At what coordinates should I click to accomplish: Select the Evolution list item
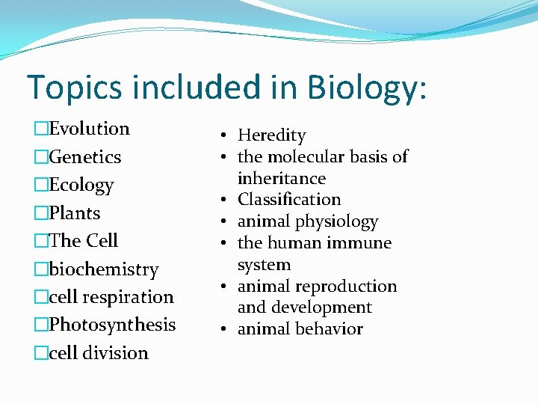(x=89, y=129)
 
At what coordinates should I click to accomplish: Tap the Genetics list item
(x=84, y=157)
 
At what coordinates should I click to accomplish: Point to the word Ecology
(x=81, y=185)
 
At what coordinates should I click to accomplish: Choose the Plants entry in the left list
(x=75, y=213)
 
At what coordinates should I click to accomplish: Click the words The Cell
(x=84, y=241)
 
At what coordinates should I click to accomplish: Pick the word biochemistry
(x=104, y=269)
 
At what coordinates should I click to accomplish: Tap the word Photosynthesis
(x=112, y=325)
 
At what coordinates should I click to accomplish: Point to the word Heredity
(x=272, y=135)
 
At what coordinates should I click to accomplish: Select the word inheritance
(x=282, y=179)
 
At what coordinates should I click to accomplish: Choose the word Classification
(x=289, y=200)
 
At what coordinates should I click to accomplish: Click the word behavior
(x=329, y=329)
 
